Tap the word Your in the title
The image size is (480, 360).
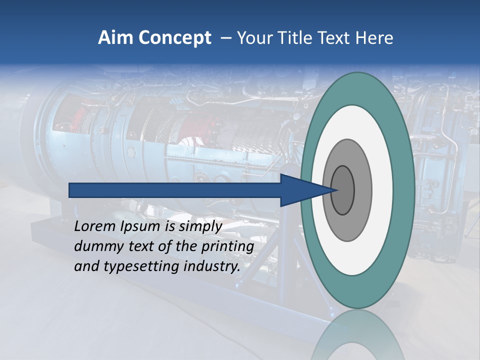[x=254, y=38]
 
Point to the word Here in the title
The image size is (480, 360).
[x=374, y=38]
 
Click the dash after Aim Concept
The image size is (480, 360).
[x=226, y=38]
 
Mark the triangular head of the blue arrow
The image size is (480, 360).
[x=300, y=190]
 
